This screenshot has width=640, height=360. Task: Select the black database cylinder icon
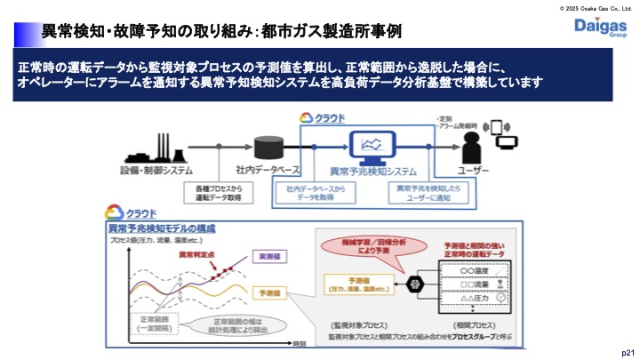tap(267, 148)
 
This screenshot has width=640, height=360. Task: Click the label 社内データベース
tap(267, 170)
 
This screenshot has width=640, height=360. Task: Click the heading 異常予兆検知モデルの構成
tap(160, 228)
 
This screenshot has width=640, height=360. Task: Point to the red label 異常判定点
tap(197, 254)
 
